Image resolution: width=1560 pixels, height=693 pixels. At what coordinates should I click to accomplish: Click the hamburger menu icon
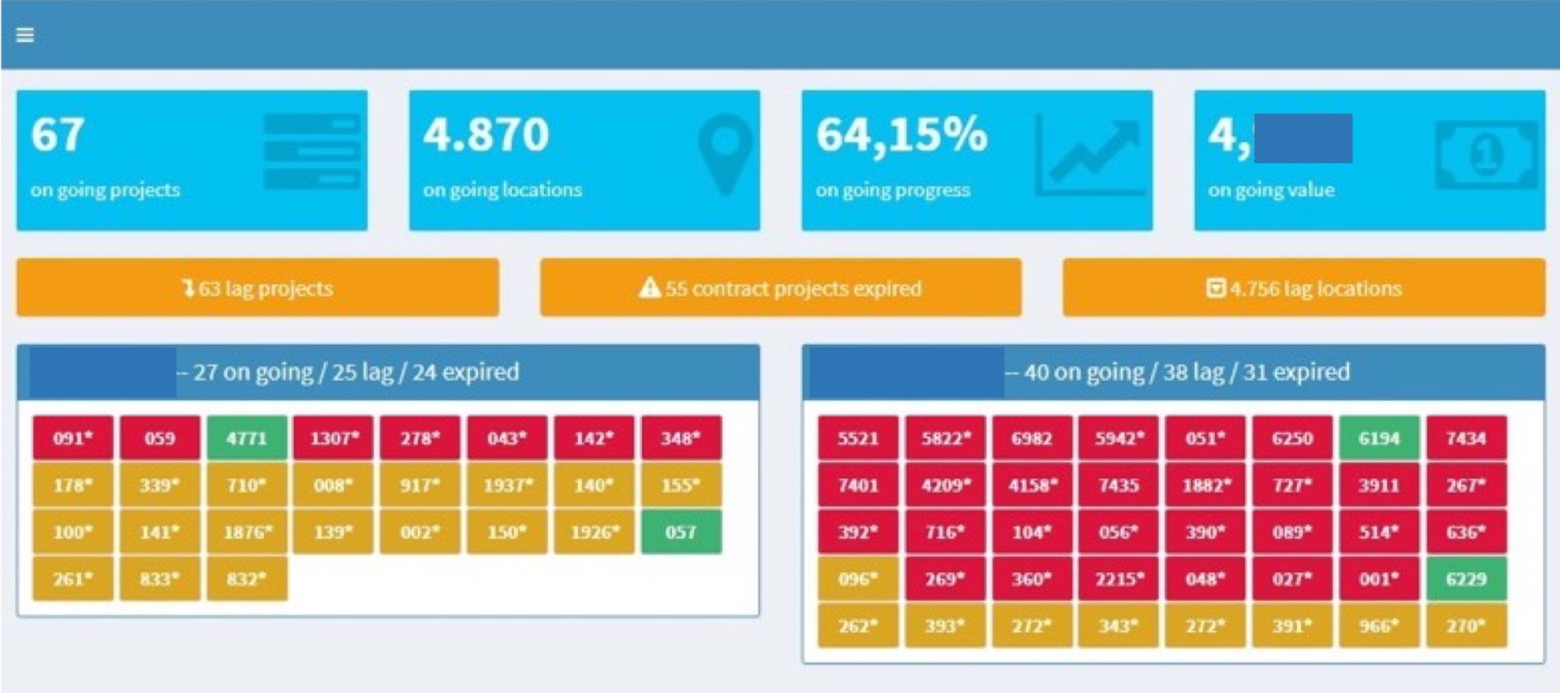[25, 35]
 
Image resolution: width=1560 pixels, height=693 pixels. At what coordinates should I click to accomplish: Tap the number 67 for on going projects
[58, 135]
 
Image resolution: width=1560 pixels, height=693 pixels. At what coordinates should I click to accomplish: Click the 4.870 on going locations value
[486, 135]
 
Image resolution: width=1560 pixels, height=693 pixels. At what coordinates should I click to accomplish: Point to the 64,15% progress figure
[901, 135]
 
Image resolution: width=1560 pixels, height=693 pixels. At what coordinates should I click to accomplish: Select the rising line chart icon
[1090, 154]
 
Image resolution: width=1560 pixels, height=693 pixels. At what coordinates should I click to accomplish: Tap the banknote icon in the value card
[1485, 154]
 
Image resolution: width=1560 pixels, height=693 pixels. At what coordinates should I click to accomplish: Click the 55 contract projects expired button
[781, 288]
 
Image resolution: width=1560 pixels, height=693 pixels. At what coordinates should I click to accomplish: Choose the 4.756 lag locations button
[1304, 288]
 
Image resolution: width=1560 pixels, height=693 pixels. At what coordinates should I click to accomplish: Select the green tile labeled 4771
[247, 438]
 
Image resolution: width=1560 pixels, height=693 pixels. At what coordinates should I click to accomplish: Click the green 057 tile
[681, 532]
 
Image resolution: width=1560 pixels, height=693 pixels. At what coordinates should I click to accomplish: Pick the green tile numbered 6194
[1379, 438]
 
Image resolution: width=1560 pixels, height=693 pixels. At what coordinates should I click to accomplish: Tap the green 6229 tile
[1466, 579]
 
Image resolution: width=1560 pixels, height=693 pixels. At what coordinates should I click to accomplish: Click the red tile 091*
[73, 438]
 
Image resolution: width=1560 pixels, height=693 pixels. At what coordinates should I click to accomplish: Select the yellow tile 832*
[247, 579]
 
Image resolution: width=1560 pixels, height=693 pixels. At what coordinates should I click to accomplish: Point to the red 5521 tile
[858, 438]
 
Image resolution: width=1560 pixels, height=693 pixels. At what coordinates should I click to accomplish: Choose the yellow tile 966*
[1379, 626]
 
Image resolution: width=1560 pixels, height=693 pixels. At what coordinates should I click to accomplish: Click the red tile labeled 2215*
[1118, 579]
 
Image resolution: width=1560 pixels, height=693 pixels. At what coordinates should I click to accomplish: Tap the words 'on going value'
[1271, 190]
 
